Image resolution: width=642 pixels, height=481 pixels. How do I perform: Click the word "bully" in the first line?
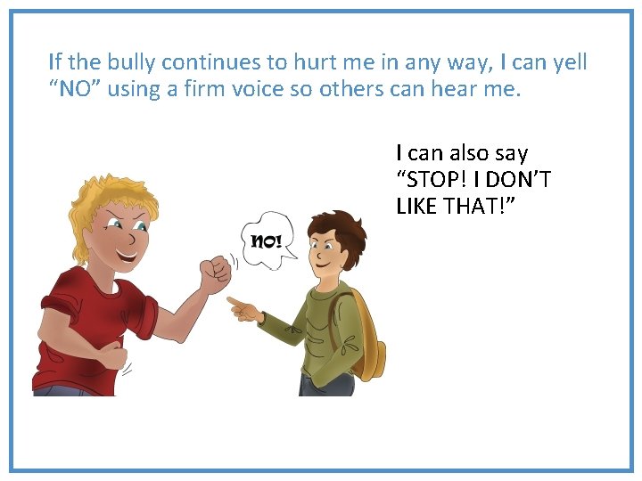tap(131, 62)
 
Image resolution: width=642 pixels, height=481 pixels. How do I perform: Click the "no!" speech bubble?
tap(268, 239)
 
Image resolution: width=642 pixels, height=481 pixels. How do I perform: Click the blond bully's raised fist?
tap(215, 273)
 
